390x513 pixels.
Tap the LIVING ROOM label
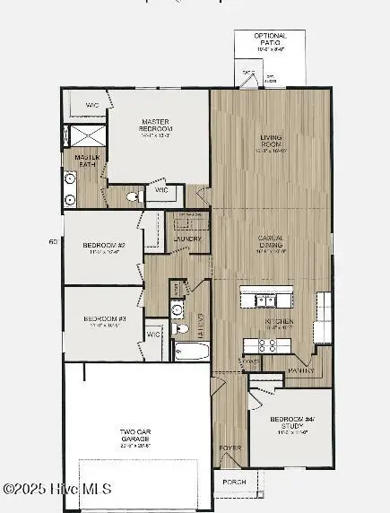coord(271,141)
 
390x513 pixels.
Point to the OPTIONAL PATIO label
coord(270,40)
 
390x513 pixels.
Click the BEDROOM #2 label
coord(102,245)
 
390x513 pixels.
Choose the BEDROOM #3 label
coord(102,318)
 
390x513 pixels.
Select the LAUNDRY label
coord(187,239)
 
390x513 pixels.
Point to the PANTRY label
coord(299,371)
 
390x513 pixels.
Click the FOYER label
coord(230,446)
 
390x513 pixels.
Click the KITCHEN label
coord(273,320)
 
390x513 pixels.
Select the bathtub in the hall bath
coord(190,351)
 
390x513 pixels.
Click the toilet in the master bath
coord(131,196)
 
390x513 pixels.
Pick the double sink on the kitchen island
coord(266,299)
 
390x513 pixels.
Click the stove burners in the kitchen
coord(267,343)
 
